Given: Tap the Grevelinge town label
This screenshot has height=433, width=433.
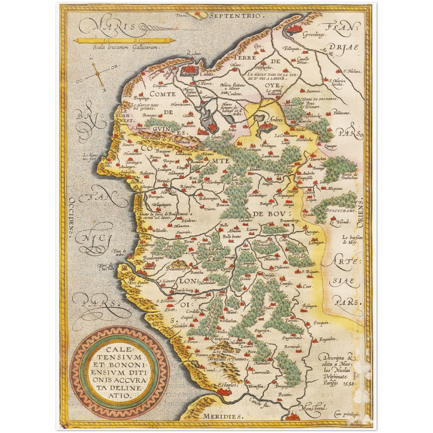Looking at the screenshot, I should point(313,35).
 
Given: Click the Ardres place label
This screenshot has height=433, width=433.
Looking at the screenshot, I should point(276,120).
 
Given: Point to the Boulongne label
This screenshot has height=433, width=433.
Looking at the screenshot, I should point(153,258).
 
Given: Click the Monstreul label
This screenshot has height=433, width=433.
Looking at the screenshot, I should point(313,408).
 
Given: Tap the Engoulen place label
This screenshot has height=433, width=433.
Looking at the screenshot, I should point(328,340).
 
